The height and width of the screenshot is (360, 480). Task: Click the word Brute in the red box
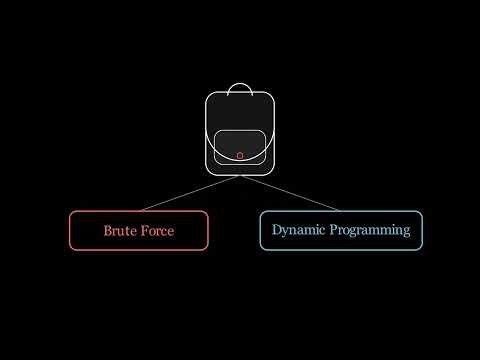[121, 231]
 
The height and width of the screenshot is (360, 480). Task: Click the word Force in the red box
[157, 231]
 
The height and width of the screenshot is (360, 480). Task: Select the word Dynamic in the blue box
[298, 230]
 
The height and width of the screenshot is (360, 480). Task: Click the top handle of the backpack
[240, 88]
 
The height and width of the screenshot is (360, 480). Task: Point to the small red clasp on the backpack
[240, 156]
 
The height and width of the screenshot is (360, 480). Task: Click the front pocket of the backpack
[240, 146]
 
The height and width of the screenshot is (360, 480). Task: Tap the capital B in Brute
[108, 231]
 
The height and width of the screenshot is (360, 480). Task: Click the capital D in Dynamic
[277, 230]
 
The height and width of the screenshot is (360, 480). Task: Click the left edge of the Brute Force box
[69, 230]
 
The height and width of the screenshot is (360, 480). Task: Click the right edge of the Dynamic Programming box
[422, 230]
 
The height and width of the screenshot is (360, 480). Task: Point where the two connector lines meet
[240, 177]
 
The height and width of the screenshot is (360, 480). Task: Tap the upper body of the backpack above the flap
[240, 112]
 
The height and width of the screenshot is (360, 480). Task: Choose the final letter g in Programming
[406, 232]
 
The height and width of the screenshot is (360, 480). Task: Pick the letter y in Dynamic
[287, 232]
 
